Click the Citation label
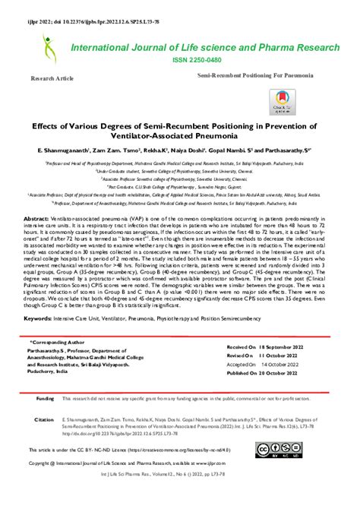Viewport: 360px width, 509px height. coord(45,419)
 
